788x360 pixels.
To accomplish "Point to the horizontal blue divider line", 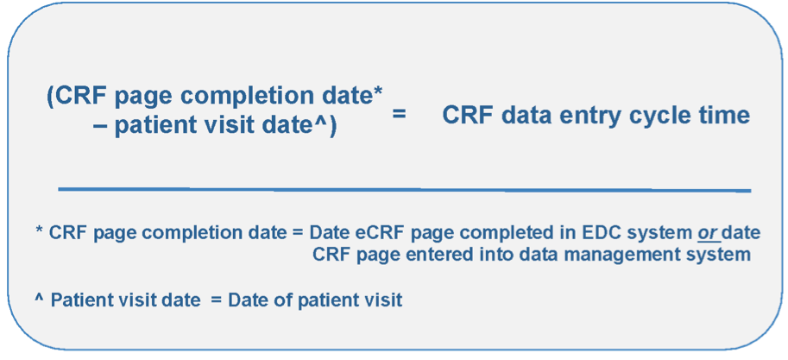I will tap(404, 189).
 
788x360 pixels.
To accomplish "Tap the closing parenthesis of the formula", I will tap(332, 124).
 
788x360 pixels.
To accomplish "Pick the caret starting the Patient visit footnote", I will tap(39, 299).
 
